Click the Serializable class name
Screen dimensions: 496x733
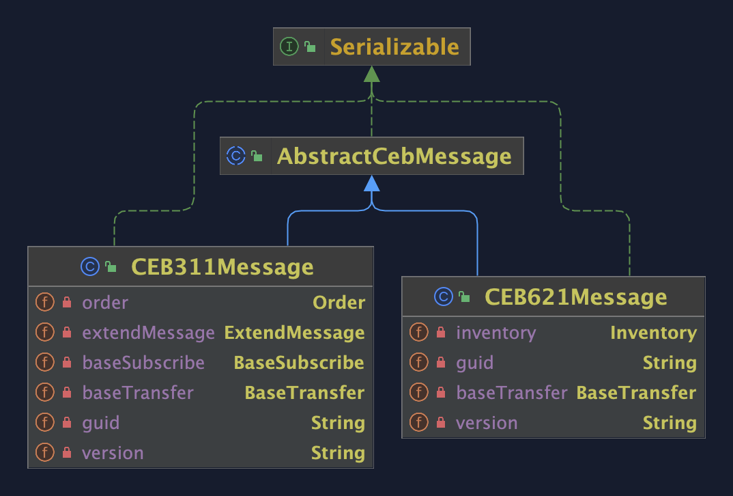tap(394, 47)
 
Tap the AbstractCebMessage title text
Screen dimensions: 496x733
tap(394, 156)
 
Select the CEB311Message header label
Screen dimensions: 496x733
tap(222, 266)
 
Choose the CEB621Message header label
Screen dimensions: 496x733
tap(575, 297)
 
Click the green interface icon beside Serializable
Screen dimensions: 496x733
tap(289, 47)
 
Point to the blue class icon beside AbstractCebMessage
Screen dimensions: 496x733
tap(235, 156)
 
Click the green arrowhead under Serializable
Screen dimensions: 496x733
tap(371, 74)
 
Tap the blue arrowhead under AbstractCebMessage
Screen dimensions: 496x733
tap(371, 183)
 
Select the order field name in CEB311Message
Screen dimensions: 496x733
tap(105, 303)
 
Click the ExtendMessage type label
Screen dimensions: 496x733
tap(294, 333)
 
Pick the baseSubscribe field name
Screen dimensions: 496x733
tap(143, 363)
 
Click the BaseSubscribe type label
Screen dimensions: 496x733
tap(299, 363)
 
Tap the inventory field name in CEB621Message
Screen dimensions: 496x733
tap(496, 333)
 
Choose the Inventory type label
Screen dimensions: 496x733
tap(653, 333)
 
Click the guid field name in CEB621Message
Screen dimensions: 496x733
tap(474, 363)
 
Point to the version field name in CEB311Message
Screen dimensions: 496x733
tap(113, 453)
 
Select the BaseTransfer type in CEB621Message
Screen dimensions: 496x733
tap(636, 393)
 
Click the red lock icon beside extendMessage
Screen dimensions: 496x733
tap(67, 333)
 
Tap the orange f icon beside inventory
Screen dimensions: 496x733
tap(418, 333)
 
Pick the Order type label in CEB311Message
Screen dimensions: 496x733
tap(339, 303)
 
